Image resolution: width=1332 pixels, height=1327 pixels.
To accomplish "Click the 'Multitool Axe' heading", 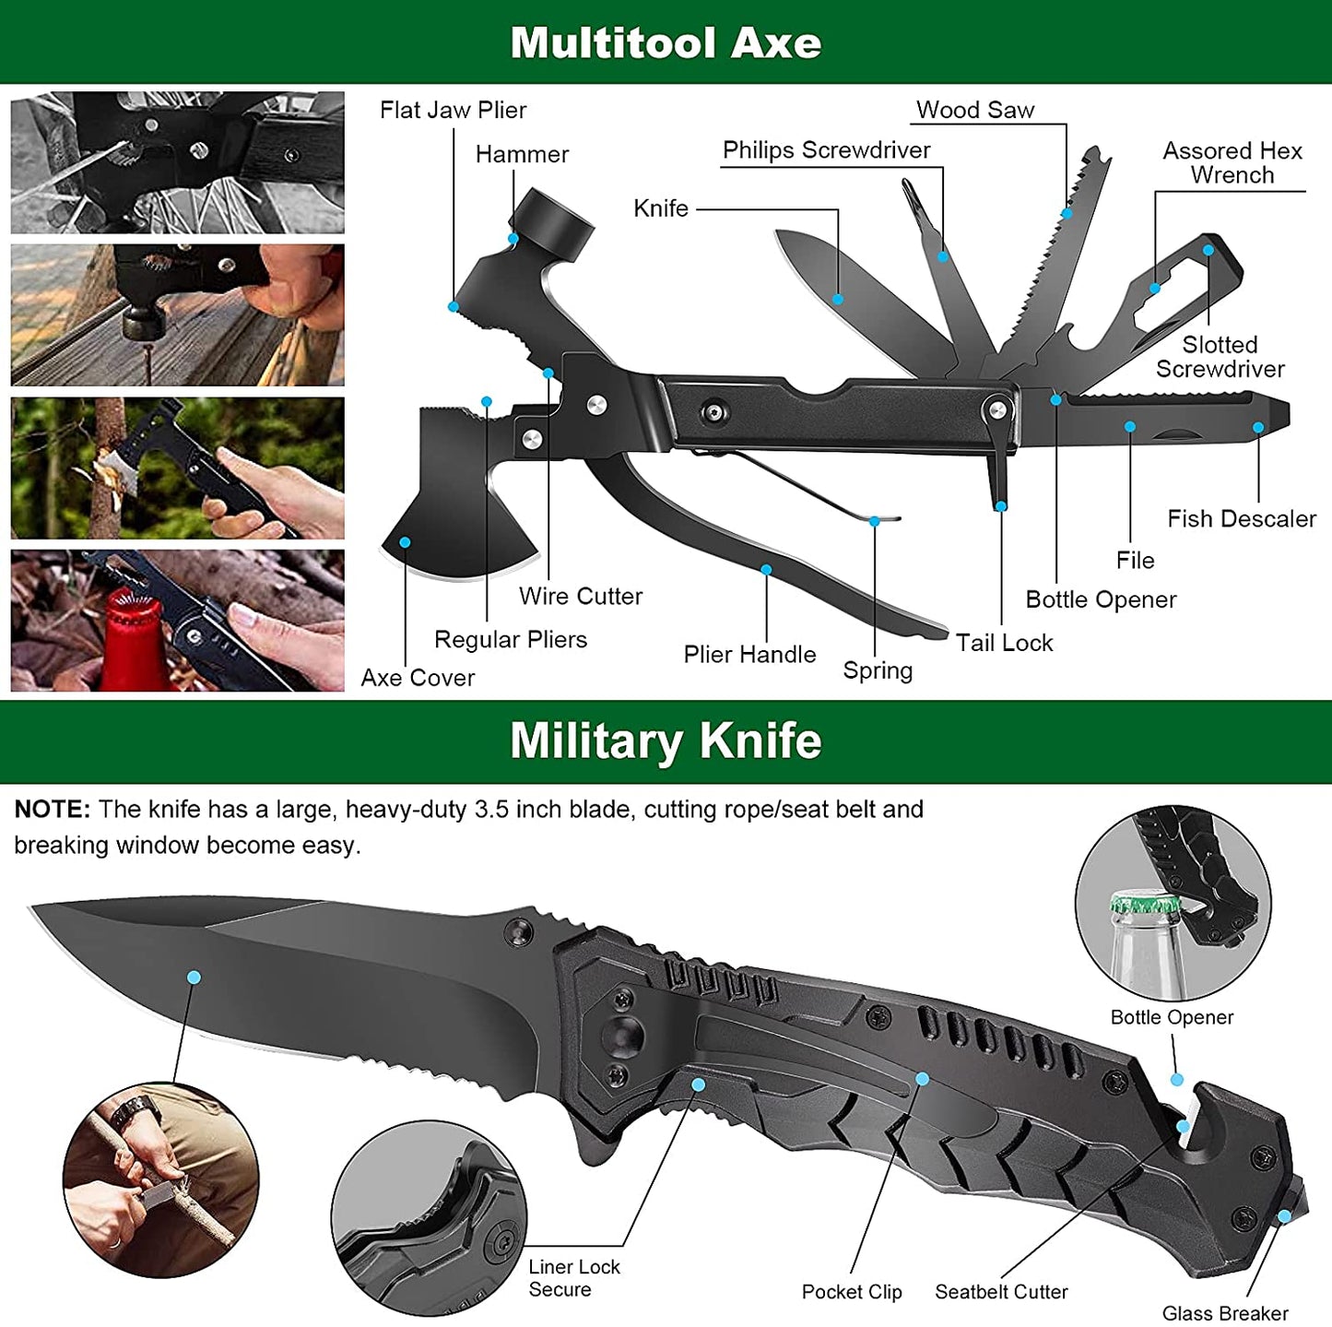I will [666, 42].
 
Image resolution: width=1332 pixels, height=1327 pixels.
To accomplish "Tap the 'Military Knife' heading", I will [666, 741].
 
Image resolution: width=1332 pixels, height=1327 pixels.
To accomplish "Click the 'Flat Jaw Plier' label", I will [453, 111].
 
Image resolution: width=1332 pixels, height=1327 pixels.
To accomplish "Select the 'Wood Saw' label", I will [975, 111].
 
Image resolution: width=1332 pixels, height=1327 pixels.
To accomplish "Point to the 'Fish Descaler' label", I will [1241, 519].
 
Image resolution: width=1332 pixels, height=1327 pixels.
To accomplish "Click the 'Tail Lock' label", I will [1004, 643].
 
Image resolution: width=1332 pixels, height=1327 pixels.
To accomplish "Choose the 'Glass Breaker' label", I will [1225, 1313].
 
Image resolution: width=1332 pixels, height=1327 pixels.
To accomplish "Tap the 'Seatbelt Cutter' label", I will [1001, 1292].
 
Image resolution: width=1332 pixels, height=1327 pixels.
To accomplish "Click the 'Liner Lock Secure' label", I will [573, 1278].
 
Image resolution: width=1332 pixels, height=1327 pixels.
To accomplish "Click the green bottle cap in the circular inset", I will [1145, 903].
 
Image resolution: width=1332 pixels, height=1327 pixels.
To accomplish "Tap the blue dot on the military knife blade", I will [194, 977].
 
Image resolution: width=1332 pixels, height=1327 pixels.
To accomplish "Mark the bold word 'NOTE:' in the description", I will [52, 810].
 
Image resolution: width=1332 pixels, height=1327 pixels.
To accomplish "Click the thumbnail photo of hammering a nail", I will [177, 315].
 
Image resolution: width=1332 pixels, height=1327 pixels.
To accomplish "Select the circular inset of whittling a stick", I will [160, 1180].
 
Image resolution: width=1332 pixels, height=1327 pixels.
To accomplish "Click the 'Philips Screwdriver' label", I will [826, 150].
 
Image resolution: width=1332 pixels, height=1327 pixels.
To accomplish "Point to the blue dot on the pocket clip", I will [922, 1078].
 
